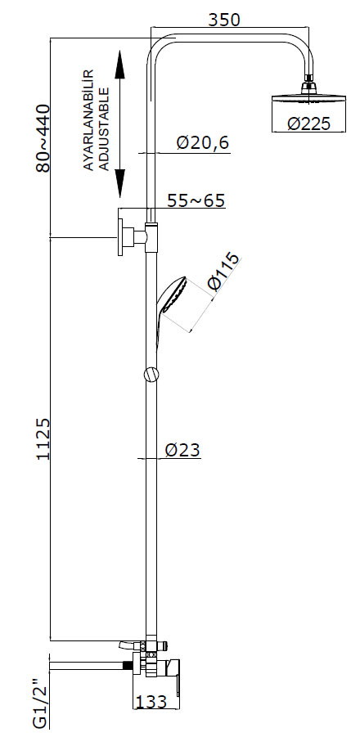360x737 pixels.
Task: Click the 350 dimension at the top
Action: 223,20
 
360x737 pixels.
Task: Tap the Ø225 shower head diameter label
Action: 309,124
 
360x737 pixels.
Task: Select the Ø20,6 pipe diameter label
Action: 203,142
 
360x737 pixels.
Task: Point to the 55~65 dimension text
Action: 196,200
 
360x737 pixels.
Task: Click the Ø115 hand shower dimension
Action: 223,272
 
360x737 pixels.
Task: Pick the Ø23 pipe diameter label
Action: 182,450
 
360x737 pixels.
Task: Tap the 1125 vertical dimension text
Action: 43,438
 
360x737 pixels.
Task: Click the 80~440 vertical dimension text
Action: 43,139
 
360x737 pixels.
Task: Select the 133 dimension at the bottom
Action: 151,702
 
